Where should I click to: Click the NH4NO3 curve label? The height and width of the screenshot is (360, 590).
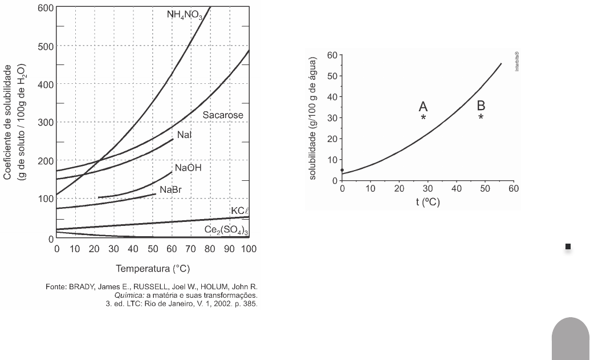click(x=185, y=14)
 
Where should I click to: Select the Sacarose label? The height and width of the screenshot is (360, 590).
click(x=223, y=115)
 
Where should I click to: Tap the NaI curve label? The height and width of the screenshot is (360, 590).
click(x=184, y=135)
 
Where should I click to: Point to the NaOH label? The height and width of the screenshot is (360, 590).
click(x=189, y=168)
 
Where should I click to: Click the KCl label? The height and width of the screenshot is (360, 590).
click(x=240, y=211)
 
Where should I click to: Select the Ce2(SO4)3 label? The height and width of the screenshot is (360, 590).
click(x=227, y=229)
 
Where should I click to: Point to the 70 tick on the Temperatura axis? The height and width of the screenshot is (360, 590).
click(x=191, y=249)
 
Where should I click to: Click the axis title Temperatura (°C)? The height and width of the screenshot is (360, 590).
click(x=152, y=268)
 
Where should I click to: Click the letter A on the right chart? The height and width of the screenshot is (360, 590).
click(x=423, y=106)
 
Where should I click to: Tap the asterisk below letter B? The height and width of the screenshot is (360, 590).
click(x=481, y=117)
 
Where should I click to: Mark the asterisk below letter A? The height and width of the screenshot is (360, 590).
click(x=424, y=117)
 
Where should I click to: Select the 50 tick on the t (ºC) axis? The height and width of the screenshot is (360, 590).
click(x=485, y=189)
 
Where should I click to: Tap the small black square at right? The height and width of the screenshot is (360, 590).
click(x=568, y=246)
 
